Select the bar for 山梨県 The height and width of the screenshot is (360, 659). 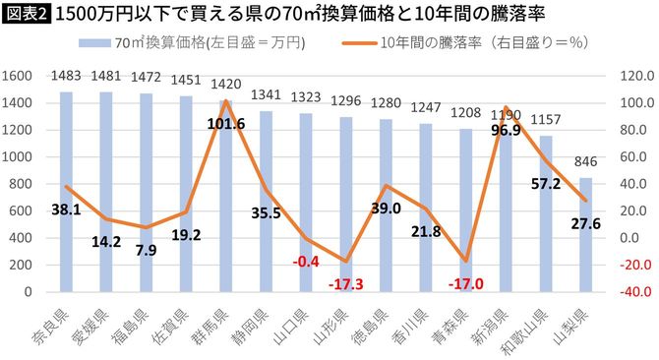[x=586, y=235]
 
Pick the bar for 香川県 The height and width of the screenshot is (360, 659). [x=426, y=208]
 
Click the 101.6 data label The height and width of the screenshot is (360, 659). [x=227, y=124]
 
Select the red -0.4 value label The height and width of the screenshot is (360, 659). [x=307, y=261]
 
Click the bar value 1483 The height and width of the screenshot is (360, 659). [x=66, y=76]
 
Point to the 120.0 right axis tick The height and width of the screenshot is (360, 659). [x=629, y=75]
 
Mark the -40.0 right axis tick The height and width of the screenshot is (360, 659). [x=629, y=292]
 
